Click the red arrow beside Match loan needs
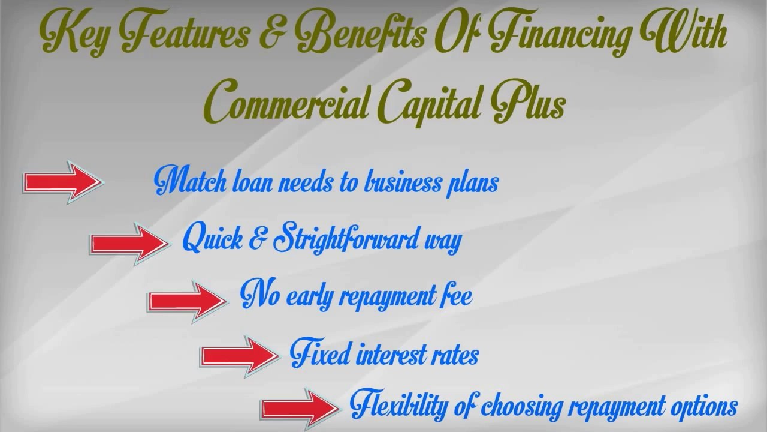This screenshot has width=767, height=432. (64, 182)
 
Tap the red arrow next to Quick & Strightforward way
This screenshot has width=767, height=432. (129, 244)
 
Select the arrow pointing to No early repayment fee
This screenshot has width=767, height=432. (188, 301)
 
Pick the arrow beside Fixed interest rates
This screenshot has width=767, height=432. (240, 356)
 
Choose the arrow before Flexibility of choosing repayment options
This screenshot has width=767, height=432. (300, 409)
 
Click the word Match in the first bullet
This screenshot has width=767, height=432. (191, 181)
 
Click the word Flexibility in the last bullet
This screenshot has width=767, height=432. (399, 405)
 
